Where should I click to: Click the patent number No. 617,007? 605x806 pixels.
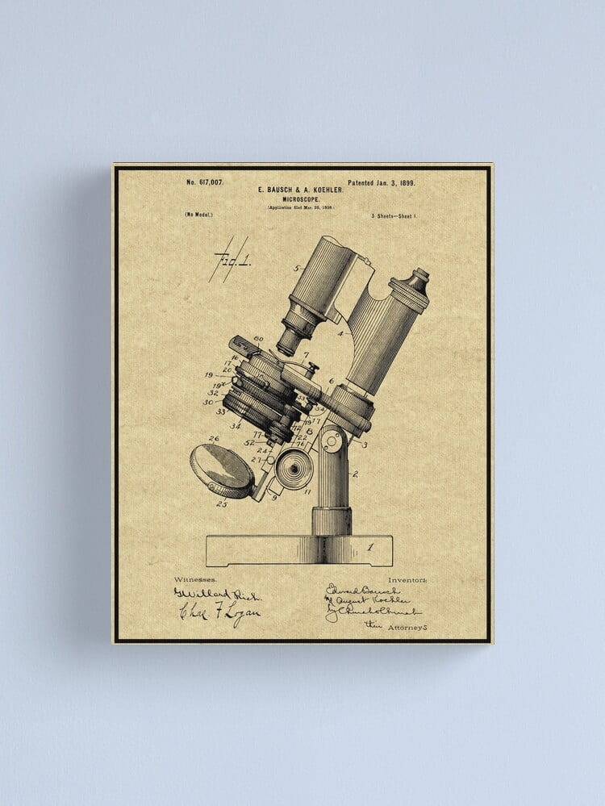click(205, 183)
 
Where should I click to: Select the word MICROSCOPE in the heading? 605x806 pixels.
click(300, 198)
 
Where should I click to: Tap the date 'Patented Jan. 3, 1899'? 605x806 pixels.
click(381, 183)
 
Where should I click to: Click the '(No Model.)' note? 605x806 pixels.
click(198, 215)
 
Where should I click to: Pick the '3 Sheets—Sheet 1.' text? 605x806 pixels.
click(394, 216)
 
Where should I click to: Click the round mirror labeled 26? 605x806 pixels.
click(222, 470)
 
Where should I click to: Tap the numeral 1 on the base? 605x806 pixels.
click(370, 546)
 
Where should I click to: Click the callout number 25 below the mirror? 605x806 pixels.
click(221, 504)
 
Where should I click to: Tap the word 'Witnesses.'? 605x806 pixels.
click(197, 579)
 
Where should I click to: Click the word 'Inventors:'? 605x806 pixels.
click(407, 579)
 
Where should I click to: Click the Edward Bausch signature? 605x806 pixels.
click(363, 591)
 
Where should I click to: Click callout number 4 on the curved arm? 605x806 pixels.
click(340, 332)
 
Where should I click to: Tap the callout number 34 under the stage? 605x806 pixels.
click(235, 426)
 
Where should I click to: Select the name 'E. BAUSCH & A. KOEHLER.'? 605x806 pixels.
click(300, 190)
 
